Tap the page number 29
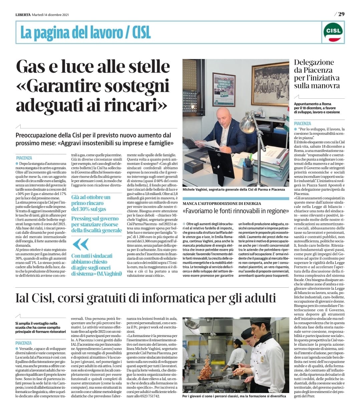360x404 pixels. pyautogui.click(x=341, y=14)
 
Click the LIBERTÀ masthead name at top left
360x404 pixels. pyautogui.click(x=23, y=15)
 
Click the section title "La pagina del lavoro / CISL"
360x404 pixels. pyautogui.click(x=85, y=32)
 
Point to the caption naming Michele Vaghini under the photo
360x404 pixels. pyautogui.click(x=234, y=189)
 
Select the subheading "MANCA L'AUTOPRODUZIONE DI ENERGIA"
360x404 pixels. pyautogui.click(x=222, y=203)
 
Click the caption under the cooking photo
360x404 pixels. pyautogui.click(x=234, y=396)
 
